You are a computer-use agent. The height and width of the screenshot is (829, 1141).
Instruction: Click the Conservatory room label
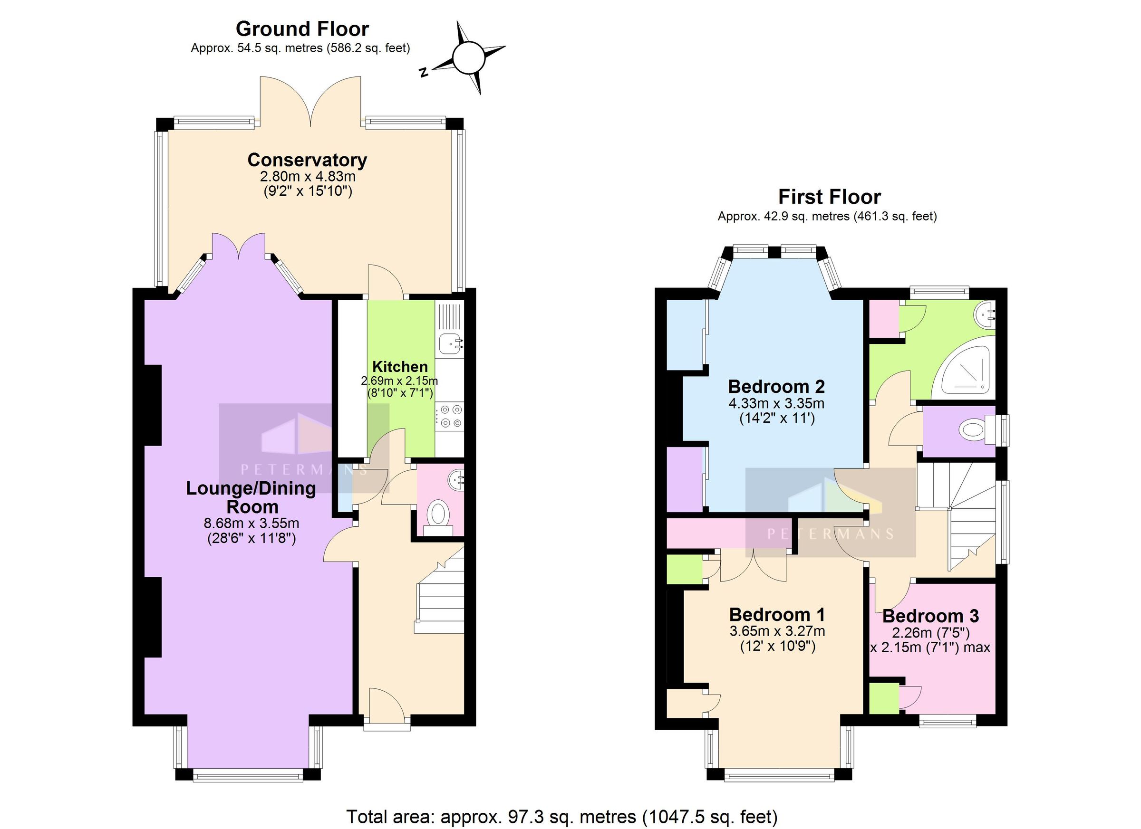click(307, 160)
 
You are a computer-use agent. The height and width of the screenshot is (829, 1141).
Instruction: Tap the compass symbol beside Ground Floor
click(468, 58)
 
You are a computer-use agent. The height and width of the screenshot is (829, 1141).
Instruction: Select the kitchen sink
click(449, 344)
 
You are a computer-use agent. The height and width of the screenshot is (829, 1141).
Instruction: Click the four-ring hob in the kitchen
click(449, 416)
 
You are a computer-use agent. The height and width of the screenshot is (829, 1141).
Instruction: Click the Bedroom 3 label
click(930, 616)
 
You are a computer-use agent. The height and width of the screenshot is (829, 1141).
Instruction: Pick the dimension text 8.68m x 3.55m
click(251, 524)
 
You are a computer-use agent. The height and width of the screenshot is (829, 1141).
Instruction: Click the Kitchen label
click(400, 366)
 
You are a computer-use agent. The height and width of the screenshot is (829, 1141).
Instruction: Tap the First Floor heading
click(829, 197)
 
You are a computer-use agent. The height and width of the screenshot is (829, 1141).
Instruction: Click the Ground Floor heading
click(302, 29)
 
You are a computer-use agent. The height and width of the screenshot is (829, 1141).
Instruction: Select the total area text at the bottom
click(561, 817)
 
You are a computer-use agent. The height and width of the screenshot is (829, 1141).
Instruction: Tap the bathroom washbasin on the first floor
click(985, 314)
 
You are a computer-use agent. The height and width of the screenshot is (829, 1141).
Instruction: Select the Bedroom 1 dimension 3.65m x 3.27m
click(777, 631)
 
